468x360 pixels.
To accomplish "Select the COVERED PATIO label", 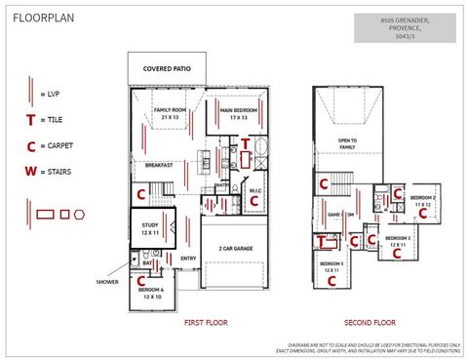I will [x=167, y=69].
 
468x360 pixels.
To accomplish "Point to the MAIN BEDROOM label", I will [x=239, y=113].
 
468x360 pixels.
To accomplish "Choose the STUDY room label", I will [x=149, y=228].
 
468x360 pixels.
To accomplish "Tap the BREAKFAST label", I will [x=159, y=165].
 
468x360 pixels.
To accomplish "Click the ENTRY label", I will [x=188, y=259].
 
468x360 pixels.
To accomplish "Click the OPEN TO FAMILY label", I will [x=347, y=144].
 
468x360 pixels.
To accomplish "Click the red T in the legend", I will [x=31, y=120].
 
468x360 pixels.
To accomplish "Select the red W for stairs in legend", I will [x=31, y=171].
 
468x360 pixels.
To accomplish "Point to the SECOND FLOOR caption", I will [x=370, y=322].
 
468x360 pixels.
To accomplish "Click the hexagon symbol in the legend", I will [x=80, y=214].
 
